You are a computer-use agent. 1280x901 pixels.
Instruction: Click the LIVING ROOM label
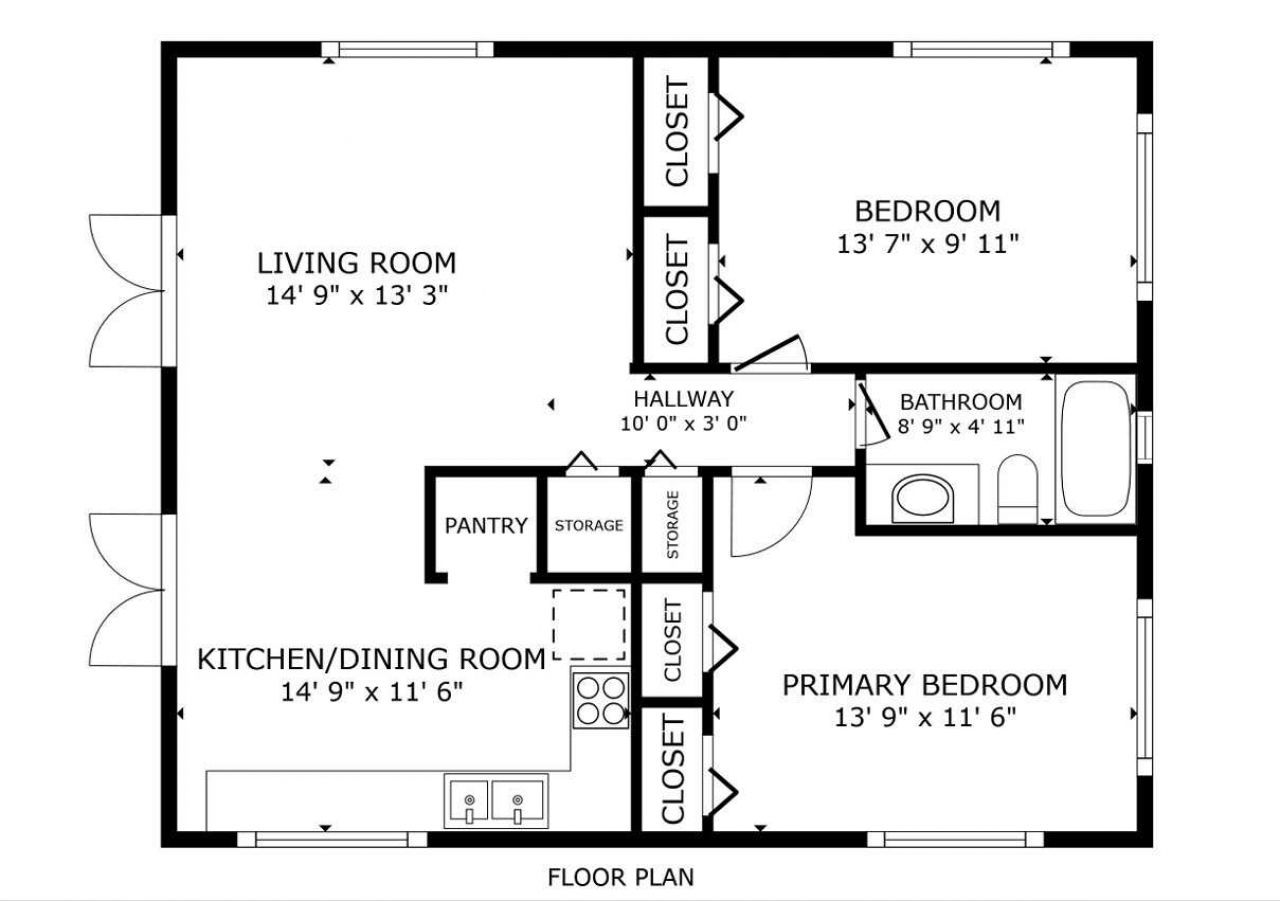click(356, 263)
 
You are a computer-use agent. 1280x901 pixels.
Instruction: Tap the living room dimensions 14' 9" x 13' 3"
click(356, 295)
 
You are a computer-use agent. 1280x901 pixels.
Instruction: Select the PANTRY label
click(486, 525)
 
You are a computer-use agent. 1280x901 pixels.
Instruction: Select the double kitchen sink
click(496, 802)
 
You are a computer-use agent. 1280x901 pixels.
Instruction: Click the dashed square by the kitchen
click(589, 624)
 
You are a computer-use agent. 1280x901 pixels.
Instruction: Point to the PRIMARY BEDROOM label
click(924, 685)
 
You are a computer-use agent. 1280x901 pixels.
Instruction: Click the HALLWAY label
click(684, 399)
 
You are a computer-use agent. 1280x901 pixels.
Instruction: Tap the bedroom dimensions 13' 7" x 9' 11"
click(927, 243)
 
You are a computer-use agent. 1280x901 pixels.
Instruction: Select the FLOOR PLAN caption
click(620, 878)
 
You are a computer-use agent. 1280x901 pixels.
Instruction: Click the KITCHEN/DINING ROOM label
click(371, 659)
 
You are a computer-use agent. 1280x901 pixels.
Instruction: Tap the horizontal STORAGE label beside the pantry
click(589, 525)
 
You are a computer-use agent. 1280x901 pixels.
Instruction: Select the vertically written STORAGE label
click(672, 525)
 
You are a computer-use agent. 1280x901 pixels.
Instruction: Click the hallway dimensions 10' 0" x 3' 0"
click(684, 422)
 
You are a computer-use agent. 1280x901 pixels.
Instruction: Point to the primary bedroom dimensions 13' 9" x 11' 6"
click(924, 717)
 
